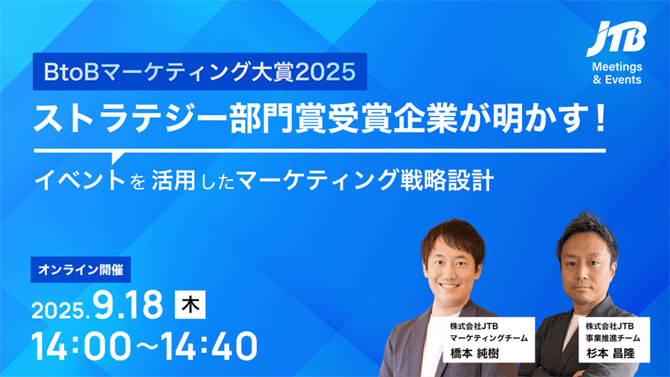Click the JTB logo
tap(616, 39)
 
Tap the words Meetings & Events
tap(617, 73)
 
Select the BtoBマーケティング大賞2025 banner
tap(200, 71)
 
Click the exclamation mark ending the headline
tap(600, 119)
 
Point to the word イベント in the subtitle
tap(80, 180)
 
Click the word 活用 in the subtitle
tap(174, 180)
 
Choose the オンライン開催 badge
tap(81, 269)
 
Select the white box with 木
tap(190, 304)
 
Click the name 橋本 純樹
tap(475, 353)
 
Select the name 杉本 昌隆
tap(610, 353)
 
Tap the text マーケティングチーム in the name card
tap(489, 338)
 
